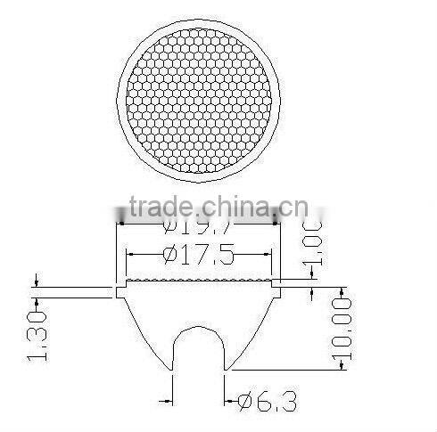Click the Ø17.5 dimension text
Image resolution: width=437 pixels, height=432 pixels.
[x=198, y=257]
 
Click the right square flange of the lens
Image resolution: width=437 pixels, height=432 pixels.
[x=277, y=291]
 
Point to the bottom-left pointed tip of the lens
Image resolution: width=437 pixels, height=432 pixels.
[x=172, y=369]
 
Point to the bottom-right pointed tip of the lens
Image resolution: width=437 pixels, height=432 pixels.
[x=227, y=369]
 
